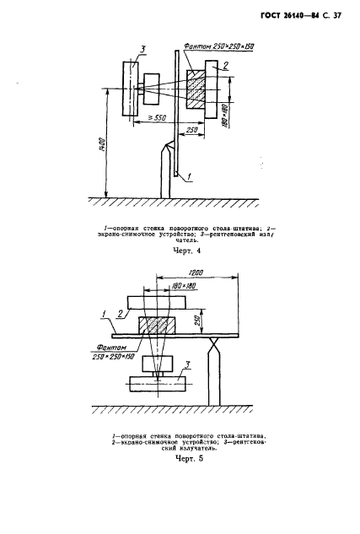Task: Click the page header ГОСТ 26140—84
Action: pyautogui.click(x=289, y=16)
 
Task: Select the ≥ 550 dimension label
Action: pyautogui.click(x=155, y=117)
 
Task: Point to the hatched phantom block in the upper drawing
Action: pyautogui.click(x=196, y=89)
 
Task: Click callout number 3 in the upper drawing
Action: pyautogui.click(x=142, y=50)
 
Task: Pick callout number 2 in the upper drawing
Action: pyautogui.click(x=226, y=65)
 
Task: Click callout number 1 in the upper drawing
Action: pyautogui.click(x=189, y=177)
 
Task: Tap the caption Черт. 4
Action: pyautogui.click(x=187, y=251)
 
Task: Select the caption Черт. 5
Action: pyautogui.click(x=189, y=458)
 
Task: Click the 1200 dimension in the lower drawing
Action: pyautogui.click(x=196, y=272)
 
